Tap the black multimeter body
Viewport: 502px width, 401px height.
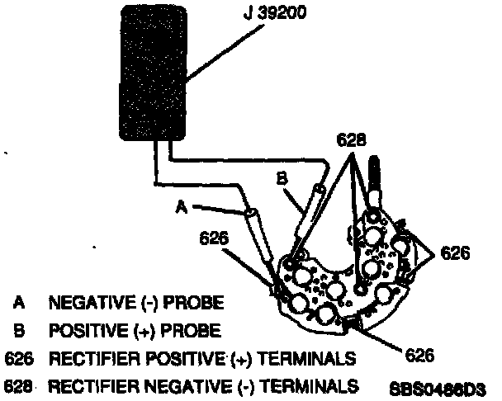point(157,78)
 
